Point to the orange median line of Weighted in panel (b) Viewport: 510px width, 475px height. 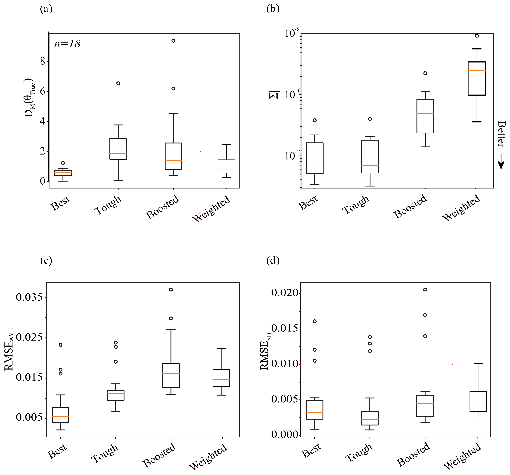(x=477, y=70)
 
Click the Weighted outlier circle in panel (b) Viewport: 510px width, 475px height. (x=477, y=36)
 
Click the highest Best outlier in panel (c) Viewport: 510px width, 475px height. (x=61, y=345)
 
